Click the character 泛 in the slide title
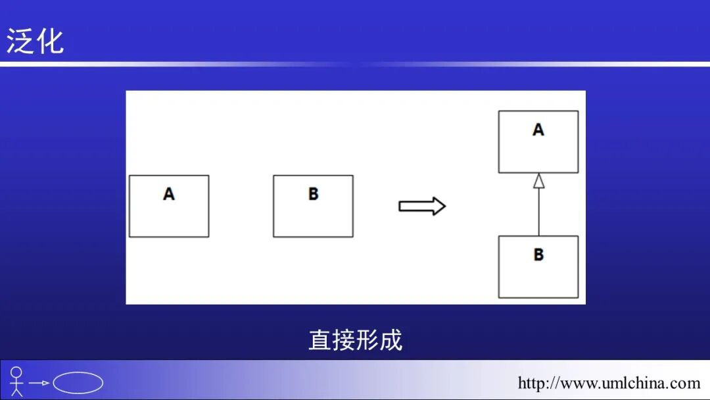[20, 41]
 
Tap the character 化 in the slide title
[50, 41]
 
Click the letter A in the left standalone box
[169, 194]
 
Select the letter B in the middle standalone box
[313, 194]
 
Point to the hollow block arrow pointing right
[422, 206]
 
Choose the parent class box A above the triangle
[538, 141]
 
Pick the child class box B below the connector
[538, 266]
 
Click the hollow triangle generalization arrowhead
[538, 180]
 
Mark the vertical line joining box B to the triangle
[538, 212]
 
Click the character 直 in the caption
[320, 340]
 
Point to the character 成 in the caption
[391, 340]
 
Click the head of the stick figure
[16, 372]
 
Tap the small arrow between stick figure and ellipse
[39, 383]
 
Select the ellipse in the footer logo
[78, 383]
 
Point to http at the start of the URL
[530, 383]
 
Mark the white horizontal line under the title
[355, 64]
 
